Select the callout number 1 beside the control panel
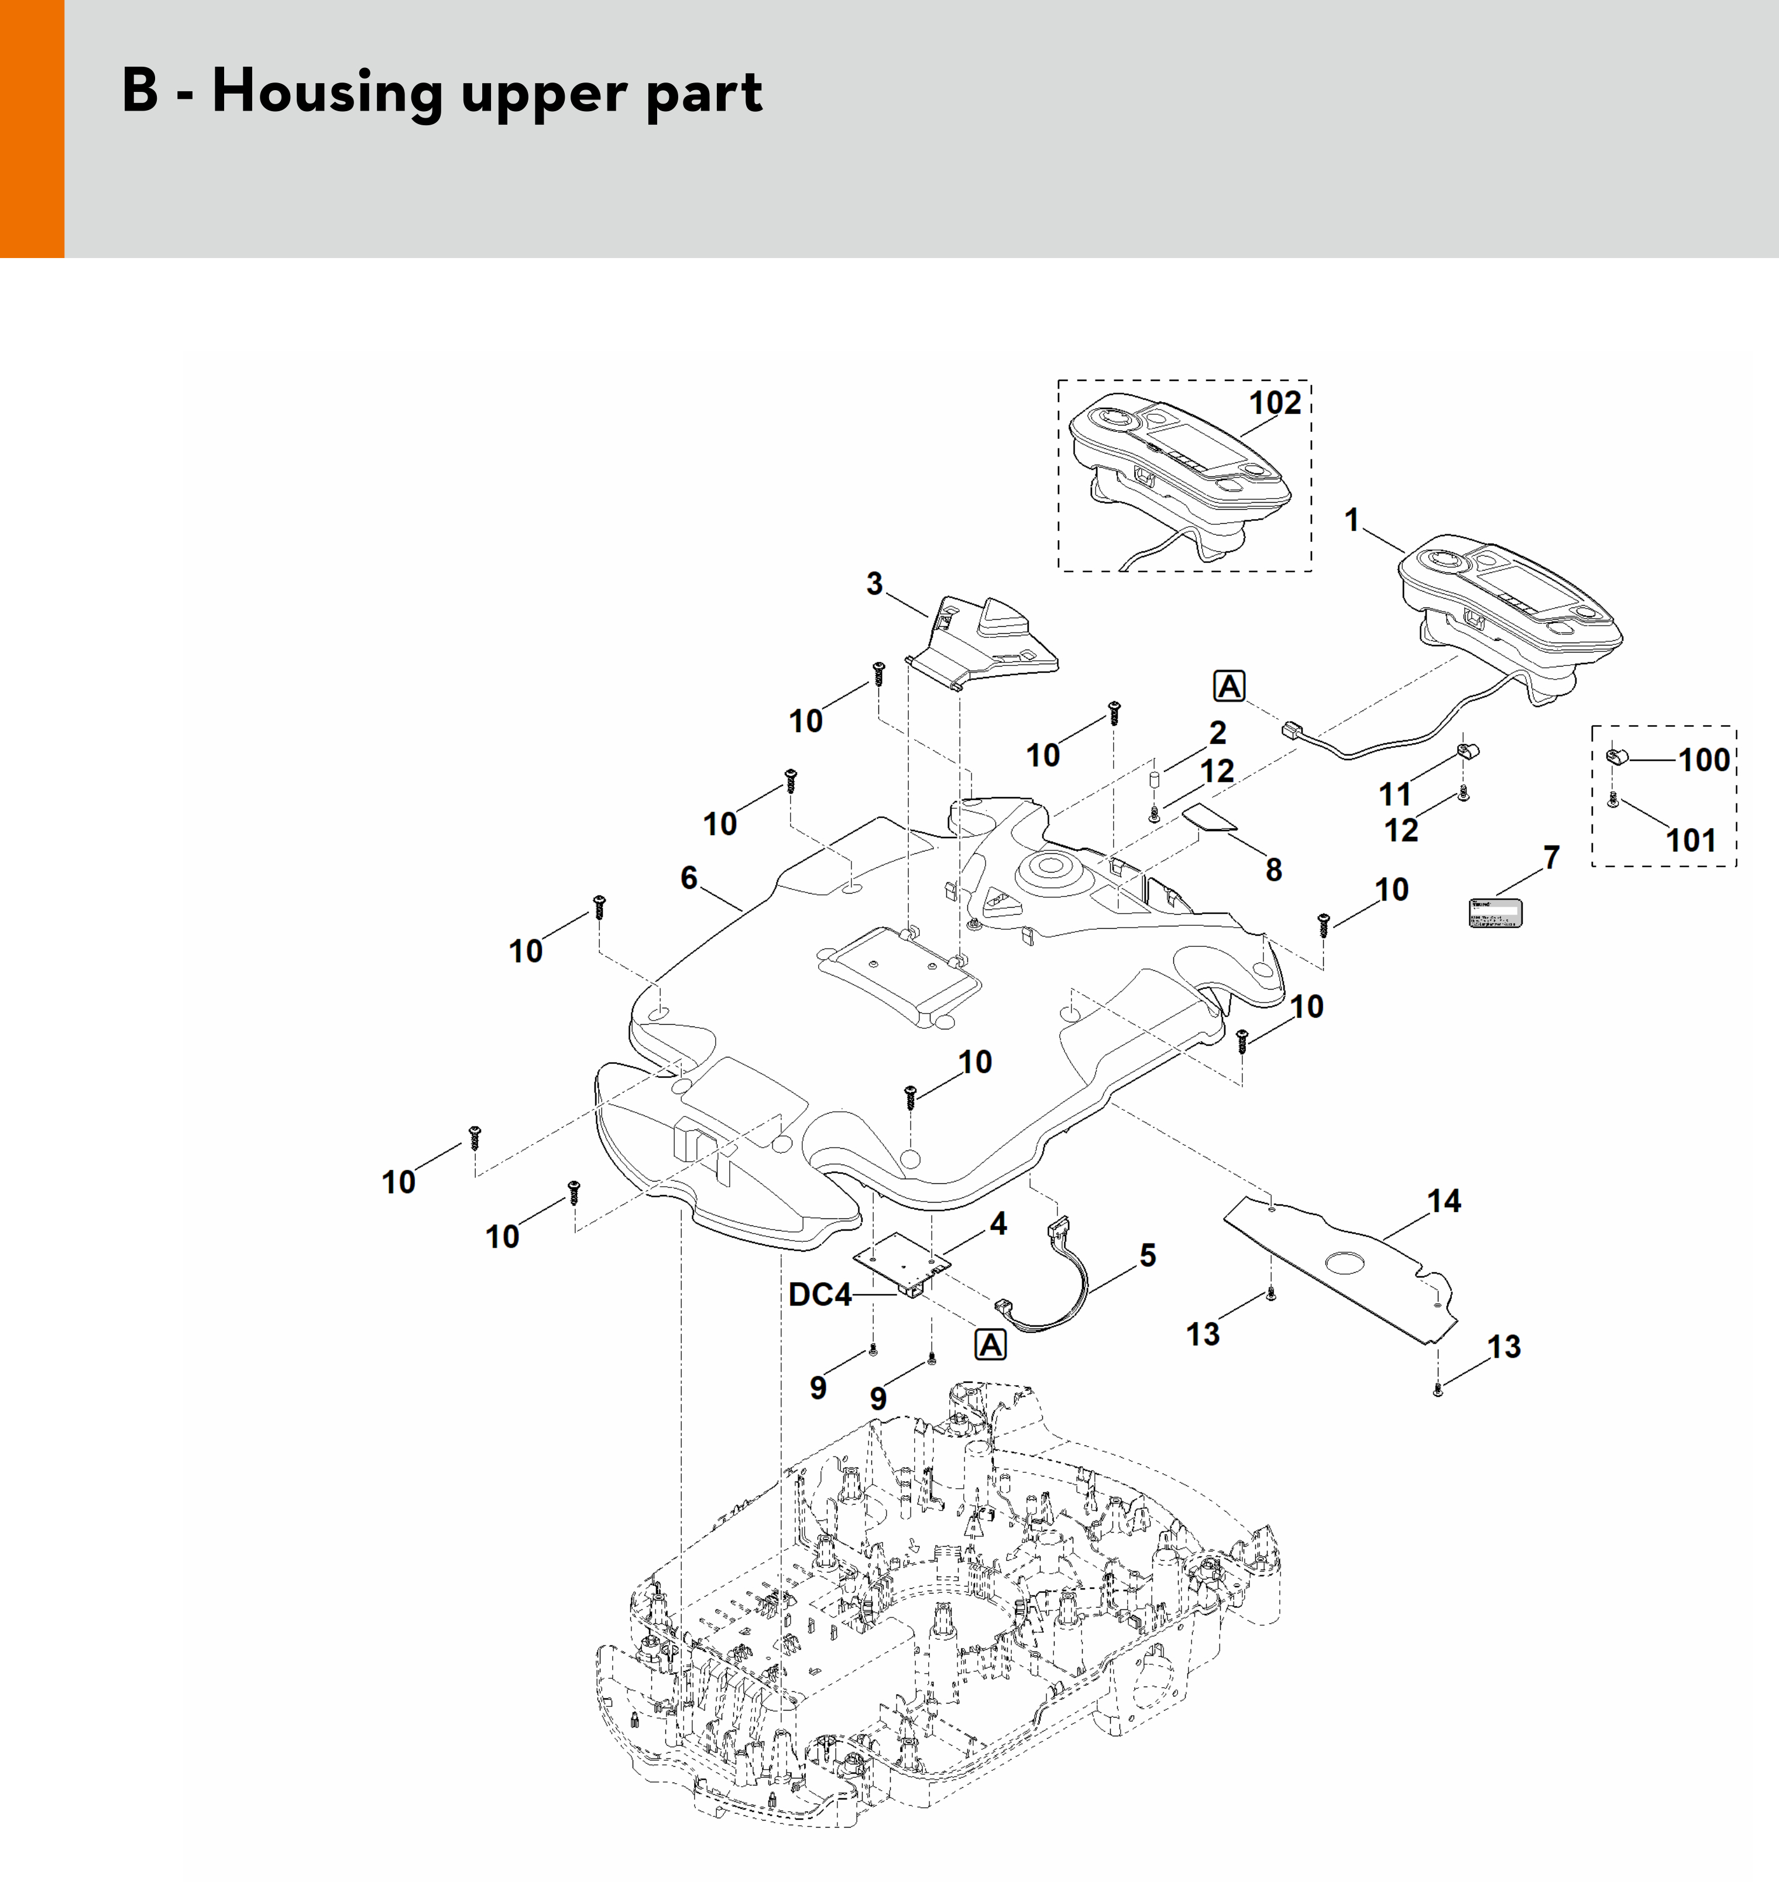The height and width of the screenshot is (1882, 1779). pyautogui.click(x=1352, y=520)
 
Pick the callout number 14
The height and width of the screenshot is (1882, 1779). pyautogui.click(x=1444, y=1201)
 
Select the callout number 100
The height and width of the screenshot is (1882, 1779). pyautogui.click(x=1704, y=760)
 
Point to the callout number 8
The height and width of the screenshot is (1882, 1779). pyautogui.click(x=1273, y=870)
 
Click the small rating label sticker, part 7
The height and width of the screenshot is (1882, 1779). pyautogui.click(x=1495, y=912)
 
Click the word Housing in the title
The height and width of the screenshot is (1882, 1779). pyautogui.click(x=326, y=93)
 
